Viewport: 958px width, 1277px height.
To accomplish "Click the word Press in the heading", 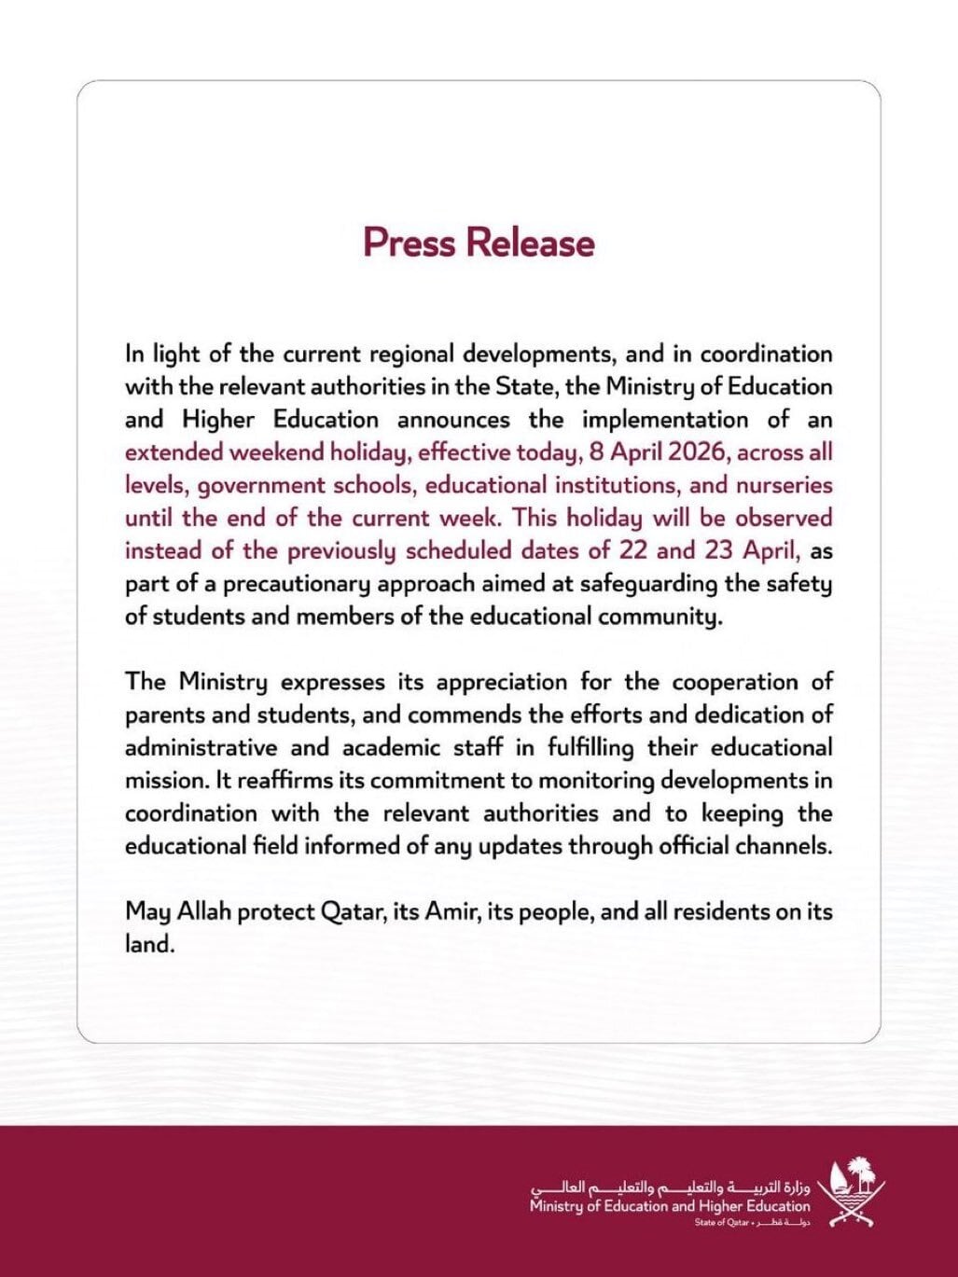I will tap(410, 243).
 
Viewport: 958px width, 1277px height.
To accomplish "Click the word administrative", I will tap(201, 747).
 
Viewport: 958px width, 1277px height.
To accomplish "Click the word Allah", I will tap(200, 911).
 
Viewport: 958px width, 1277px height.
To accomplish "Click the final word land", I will tap(149, 944).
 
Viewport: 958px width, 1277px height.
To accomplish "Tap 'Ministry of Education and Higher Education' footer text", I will tap(670, 1206).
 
